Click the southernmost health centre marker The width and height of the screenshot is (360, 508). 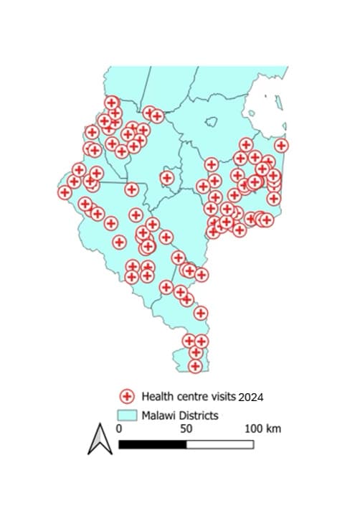195,366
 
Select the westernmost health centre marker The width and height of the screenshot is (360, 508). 65,192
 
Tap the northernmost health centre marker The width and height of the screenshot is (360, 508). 111,103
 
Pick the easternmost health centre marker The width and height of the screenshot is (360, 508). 281,145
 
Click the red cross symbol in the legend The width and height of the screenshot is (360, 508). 127,396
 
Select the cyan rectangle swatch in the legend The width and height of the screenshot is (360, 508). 126,415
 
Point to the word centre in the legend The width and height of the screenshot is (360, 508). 190,396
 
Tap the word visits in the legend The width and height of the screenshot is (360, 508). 221,396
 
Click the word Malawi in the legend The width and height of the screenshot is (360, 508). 158,415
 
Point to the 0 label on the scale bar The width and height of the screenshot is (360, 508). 118,428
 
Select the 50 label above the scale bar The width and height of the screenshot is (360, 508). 186,428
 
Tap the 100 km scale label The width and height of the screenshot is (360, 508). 262,428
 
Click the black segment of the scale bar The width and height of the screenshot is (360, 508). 152,444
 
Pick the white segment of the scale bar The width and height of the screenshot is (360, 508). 219,444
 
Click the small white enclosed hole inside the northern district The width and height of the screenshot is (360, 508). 213,123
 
